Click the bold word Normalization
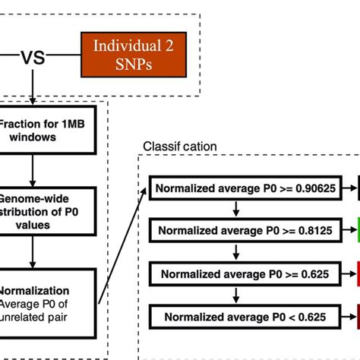coord(34,289)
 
